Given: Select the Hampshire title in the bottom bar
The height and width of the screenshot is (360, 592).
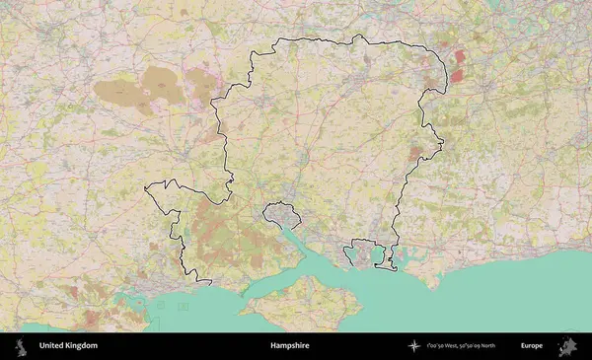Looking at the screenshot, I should pyautogui.click(x=290, y=346).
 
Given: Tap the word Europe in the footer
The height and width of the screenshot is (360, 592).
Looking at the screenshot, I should pyautogui.click(x=532, y=346).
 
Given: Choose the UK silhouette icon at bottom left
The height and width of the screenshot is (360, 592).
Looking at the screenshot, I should pyautogui.click(x=21, y=346).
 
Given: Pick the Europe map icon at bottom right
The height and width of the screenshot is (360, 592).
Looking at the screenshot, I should pyautogui.click(x=569, y=346).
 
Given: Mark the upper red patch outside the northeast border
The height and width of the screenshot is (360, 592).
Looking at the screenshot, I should pyautogui.click(x=459, y=58).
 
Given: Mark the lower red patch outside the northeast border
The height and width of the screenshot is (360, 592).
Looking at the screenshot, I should pyautogui.click(x=457, y=75).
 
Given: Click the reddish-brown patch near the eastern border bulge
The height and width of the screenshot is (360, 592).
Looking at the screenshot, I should pyautogui.click(x=416, y=153).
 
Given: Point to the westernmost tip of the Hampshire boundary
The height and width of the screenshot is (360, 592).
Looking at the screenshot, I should pyautogui.click(x=145, y=186).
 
